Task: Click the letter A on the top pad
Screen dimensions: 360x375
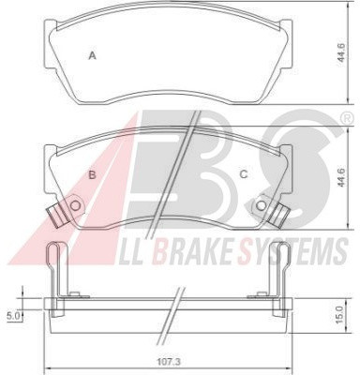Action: (x=92, y=55)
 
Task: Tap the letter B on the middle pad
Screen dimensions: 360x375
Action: (x=92, y=174)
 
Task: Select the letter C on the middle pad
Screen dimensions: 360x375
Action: (x=244, y=174)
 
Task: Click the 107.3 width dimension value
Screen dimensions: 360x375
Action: (x=168, y=362)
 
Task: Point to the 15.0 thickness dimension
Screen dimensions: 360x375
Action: (x=339, y=314)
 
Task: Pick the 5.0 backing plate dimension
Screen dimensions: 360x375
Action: (x=13, y=316)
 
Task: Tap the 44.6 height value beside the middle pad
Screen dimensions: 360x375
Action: (x=341, y=177)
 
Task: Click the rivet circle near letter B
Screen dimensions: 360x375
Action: (x=75, y=205)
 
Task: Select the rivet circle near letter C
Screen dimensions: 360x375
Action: (x=261, y=205)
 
